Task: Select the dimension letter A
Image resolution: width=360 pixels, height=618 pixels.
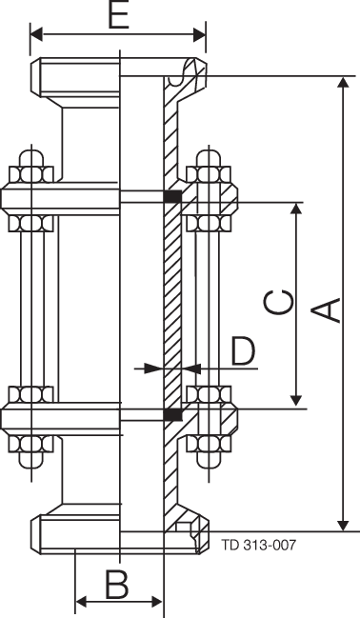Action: tap(327, 310)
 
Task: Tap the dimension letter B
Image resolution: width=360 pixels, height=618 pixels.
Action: tap(116, 584)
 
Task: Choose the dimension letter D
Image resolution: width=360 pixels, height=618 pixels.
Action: tap(243, 350)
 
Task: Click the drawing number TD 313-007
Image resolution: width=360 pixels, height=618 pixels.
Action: tap(259, 546)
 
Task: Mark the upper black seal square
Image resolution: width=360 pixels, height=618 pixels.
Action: tap(173, 197)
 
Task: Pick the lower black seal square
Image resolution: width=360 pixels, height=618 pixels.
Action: tap(173, 415)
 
